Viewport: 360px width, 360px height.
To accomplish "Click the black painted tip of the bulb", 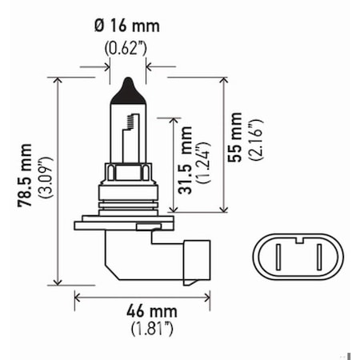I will click(128, 88).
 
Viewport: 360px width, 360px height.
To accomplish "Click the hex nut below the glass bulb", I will click(128, 173).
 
